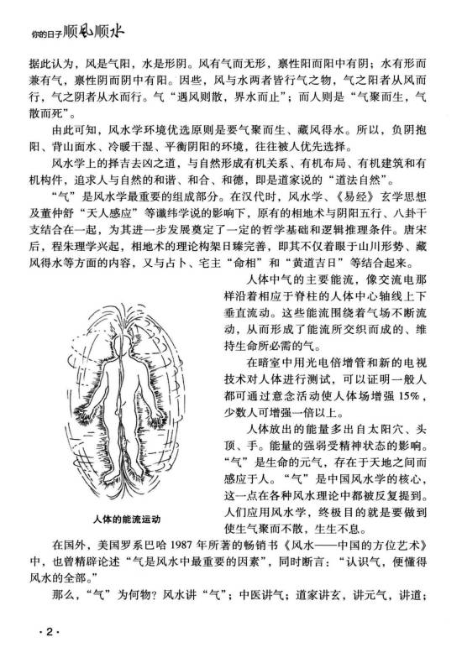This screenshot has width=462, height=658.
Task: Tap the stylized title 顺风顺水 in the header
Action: [95, 34]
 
